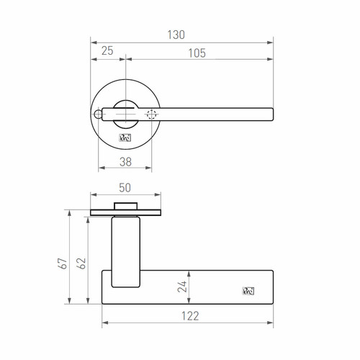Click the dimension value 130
[176, 35]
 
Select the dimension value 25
[107, 51]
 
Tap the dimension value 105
[197, 53]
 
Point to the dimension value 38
[125, 162]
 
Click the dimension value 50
[125, 188]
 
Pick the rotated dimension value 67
[63, 264]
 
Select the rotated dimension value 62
[82, 264]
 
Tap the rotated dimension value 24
[182, 287]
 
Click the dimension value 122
[190, 316]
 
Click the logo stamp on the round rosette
[125, 138]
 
